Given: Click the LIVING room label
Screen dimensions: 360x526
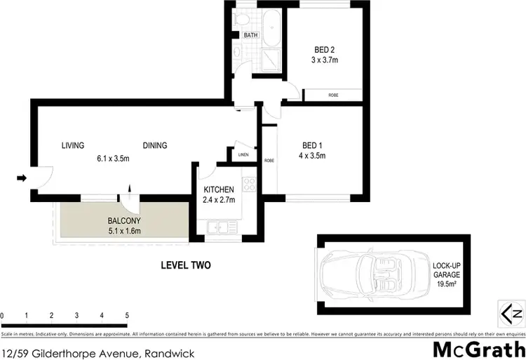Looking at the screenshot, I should coord(72,146).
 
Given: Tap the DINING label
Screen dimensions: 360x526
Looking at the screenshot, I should coord(155,146).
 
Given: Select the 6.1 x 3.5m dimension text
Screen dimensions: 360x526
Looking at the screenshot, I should coord(114,158).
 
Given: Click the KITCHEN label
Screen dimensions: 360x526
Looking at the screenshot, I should coord(218,190).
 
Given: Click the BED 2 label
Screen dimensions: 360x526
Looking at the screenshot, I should coord(325,50).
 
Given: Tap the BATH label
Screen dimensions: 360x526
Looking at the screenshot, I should coord(251,35).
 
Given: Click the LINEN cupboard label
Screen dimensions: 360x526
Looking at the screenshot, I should coord(243,155).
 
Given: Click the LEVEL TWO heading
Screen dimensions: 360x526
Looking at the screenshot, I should coord(185,265).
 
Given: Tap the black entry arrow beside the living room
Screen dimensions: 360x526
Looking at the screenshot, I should coord(22,178).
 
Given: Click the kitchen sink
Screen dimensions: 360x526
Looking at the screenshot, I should coord(220,227).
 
